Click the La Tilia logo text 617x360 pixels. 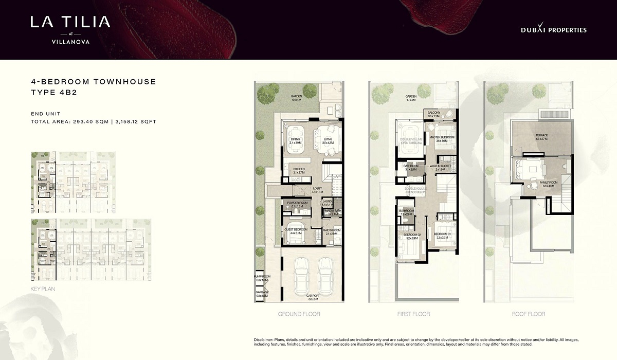tap(70, 22)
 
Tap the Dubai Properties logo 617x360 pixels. tap(553, 30)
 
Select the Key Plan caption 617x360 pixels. tap(43, 289)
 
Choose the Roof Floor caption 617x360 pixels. tap(528, 314)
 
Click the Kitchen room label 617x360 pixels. tap(299, 170)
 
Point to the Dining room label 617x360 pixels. tap(296, 140)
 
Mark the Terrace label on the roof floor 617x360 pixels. tap(541, 137)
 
